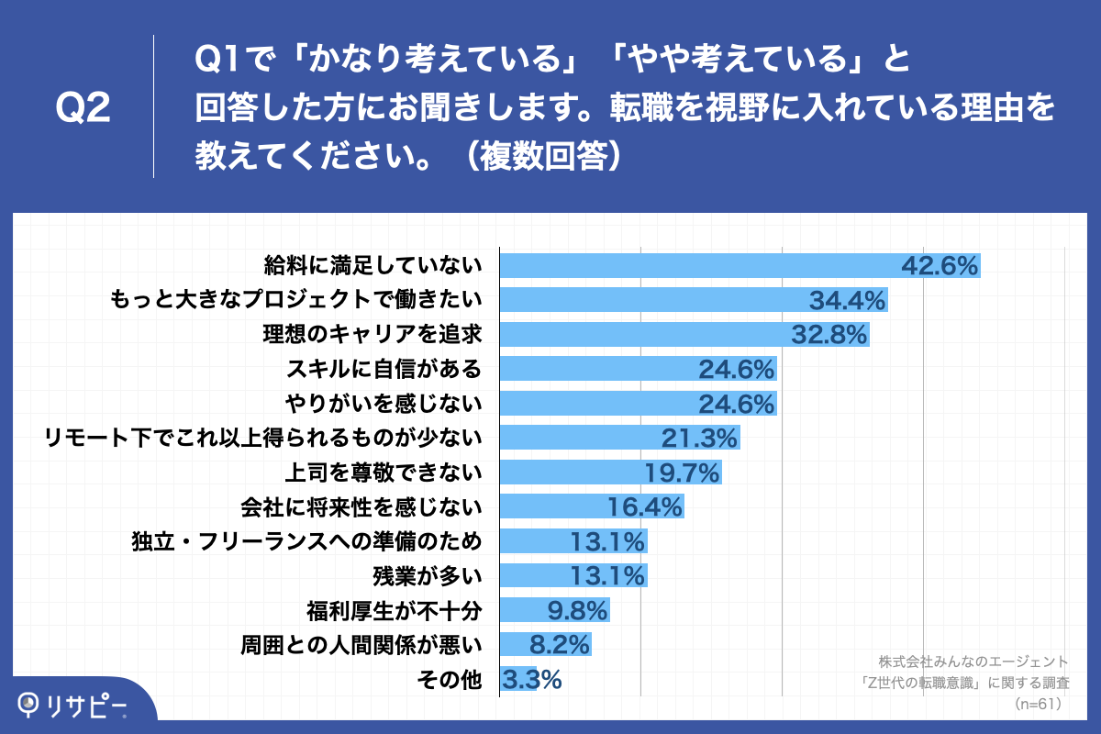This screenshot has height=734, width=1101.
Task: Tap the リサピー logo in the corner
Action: (x=73, y=705)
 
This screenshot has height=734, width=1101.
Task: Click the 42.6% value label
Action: (x=940, y=265)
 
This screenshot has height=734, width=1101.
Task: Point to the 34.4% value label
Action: (x=846, y=300)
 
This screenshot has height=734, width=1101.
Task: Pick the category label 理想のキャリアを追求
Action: (x=371, y=334)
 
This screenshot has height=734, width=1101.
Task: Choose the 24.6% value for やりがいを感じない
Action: (x=736, y=403)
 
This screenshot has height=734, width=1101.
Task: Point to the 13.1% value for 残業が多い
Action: (x=606, y=575)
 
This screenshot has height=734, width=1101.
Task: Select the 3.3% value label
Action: (x=530, y=680)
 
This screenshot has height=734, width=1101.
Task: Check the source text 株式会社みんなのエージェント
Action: (x=973, y=661)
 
